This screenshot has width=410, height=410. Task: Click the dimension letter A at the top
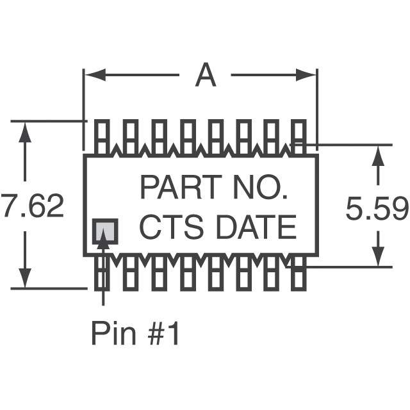point(205,76)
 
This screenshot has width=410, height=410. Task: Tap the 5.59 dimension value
point(377,209)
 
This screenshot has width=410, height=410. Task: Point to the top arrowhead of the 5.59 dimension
point(379,154)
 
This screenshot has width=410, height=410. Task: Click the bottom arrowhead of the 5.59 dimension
point(379,258)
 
